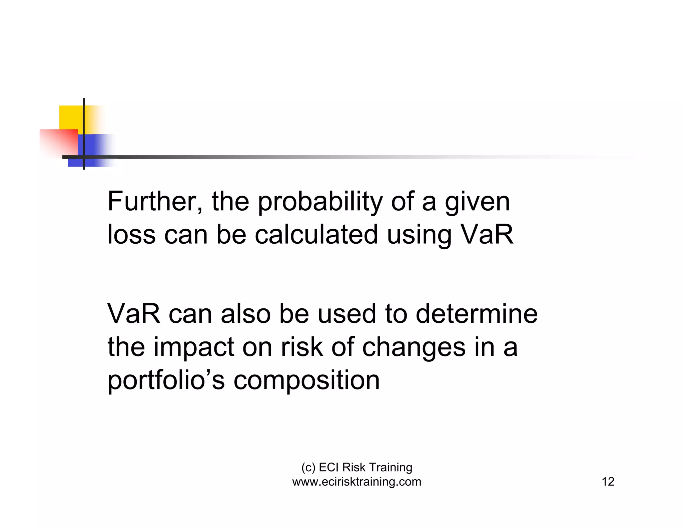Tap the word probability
[320, 202]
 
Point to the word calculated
[316, 234]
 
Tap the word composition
[306, 380]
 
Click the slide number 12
[608, 482]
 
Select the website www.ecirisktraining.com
[357, 482]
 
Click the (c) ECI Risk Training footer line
[357, 467]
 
